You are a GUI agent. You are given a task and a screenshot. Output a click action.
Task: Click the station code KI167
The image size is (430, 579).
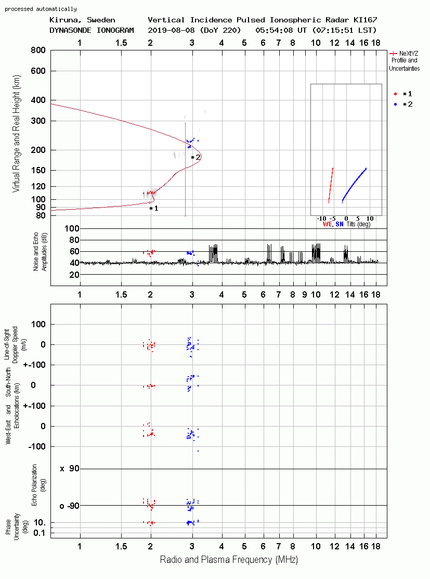tap(366, 20)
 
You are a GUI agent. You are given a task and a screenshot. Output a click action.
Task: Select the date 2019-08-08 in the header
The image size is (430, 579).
tap(172, 30)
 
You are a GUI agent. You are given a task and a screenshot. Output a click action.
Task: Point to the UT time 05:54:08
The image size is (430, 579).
tap(274, 30)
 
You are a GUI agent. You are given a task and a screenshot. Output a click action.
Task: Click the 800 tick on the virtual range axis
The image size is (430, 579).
tap(38, 50)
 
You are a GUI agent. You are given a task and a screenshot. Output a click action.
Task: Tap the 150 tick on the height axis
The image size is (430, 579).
tap(38, 171)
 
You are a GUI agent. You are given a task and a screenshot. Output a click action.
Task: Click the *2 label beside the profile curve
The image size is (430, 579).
tap(196, 158)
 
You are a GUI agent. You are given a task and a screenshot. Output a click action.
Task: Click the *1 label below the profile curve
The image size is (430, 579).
tap(153, 209)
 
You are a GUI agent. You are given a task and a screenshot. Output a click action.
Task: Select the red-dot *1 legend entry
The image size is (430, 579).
tap(403, 94)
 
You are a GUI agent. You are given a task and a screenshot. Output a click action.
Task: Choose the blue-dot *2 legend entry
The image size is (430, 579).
tap(403, 105)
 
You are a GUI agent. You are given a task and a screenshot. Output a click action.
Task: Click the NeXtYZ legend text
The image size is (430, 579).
tap(409, 54)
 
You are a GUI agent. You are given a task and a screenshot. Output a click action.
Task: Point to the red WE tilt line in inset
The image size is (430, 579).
tap(331, 185)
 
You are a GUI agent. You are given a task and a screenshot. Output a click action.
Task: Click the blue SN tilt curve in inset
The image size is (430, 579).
tap(354, 185)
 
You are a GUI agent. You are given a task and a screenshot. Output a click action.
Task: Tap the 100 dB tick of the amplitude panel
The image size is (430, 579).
tap(72, 228)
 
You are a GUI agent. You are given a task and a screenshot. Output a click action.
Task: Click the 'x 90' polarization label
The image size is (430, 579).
tap(70, 469)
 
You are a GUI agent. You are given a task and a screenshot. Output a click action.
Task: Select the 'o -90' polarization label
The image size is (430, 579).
tap(69, 506)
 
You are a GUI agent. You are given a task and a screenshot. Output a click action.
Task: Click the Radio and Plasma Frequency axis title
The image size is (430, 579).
tap(229, 560)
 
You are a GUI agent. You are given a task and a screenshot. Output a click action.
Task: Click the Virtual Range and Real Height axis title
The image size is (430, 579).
tap(16, 134)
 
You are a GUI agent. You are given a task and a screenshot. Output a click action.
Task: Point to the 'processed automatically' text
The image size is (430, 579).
tap(41, 9)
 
